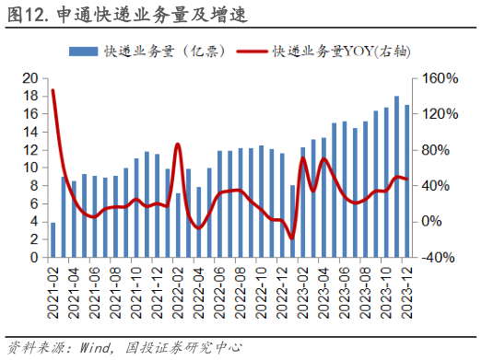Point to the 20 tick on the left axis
(29, 78)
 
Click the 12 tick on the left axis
(29, 150)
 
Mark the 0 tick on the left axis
(35, 258)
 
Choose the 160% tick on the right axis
(441, 78)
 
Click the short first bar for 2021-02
(53, 240)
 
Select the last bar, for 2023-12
(406, 181)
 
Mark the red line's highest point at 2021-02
(53, 90)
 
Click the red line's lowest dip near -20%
(292, 238)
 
